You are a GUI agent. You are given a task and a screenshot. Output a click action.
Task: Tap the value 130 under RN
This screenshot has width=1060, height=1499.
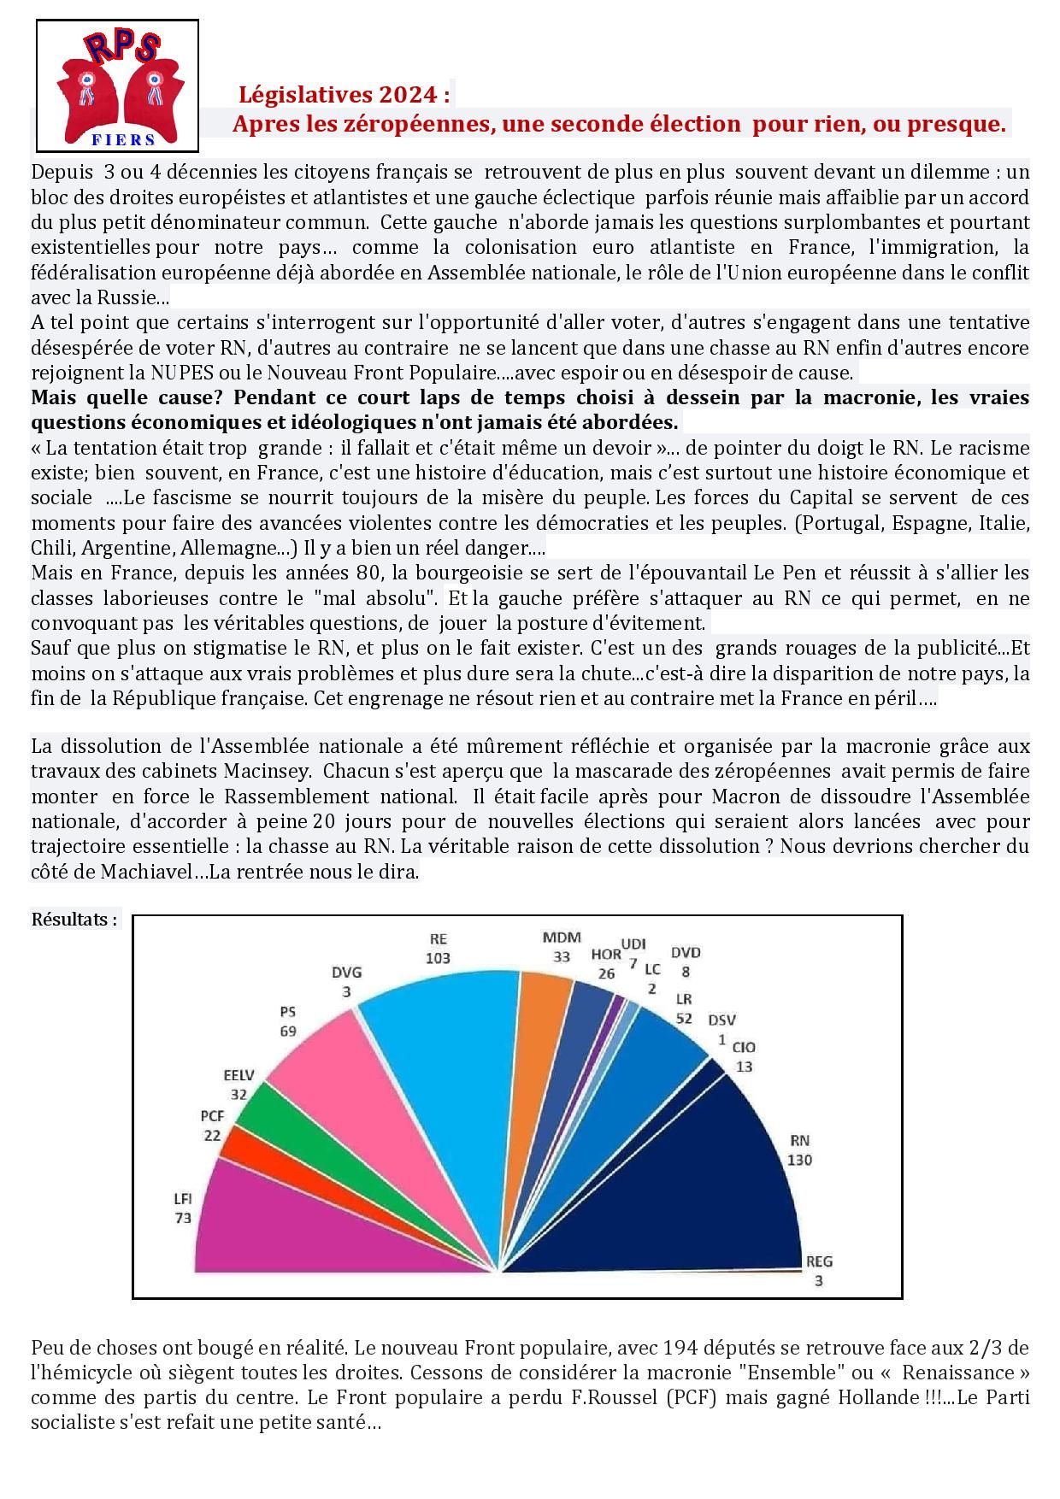point(800,1161)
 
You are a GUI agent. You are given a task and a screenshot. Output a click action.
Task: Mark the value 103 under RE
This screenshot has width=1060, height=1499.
point(438,958)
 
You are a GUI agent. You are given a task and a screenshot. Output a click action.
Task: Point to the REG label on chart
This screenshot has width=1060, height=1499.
point(819,1261)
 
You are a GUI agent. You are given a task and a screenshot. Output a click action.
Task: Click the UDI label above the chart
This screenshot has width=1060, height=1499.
point(633,943)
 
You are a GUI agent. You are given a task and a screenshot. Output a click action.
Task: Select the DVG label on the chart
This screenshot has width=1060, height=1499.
point(346,973)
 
